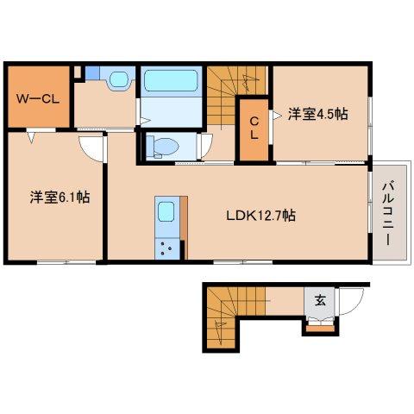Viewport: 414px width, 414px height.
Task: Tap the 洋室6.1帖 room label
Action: click(x=60, y=198)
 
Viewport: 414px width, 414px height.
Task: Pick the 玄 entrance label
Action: click(x=320, y=301)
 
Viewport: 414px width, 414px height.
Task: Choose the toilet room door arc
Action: click(x=204, y=144)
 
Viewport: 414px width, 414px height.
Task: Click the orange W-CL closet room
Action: click(x=36, y=108)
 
